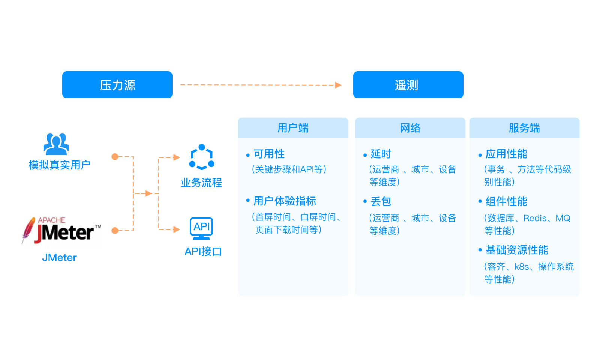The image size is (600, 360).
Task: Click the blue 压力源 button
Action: [x=117, y=85]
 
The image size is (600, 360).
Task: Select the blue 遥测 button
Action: [x=408, y=85]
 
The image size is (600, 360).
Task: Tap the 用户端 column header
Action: [x=293, y=128]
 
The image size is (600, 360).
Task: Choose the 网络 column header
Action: [x=410, y=128]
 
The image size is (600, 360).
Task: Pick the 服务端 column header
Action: [x=524, y=128]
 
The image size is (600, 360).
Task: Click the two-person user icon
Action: [x=56, y=144]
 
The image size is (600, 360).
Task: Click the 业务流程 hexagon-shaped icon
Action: [x=202, y=157]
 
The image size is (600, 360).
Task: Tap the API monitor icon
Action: [x=201, y=228]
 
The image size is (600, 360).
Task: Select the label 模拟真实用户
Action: [x=59, y=165]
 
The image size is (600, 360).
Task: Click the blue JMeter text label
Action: [x=59, y=258]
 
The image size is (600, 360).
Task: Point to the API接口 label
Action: [x=203, y=251]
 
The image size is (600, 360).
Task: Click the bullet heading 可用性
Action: [x=269, y=154]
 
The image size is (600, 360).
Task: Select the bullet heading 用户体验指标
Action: [x=285, y=201]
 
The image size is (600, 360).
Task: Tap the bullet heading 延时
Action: [x=381, y=154]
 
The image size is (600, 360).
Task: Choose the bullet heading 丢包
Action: [x=381, y=202]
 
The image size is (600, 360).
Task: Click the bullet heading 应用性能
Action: [x=506, y=154]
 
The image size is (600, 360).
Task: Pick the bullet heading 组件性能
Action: [x=506, y=202]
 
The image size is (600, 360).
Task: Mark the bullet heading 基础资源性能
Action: [x=517, y=250]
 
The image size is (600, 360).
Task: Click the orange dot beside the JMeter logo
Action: [x=115, y=230]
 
